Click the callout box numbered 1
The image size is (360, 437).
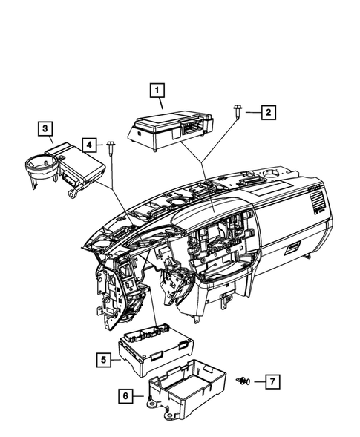pyautogui.click(x=157, y=91)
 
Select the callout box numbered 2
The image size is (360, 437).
pyautogui.click(x=267, y=113)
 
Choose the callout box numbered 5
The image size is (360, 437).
pyautogui.click(x=104, y=360)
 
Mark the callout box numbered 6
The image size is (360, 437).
pyautogui.click(x=128, y=397)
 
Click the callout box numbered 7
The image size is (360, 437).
pyautogui.click(x=272, y=381)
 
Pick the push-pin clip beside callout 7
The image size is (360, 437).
pyautogui.click(x=243, y=381)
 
